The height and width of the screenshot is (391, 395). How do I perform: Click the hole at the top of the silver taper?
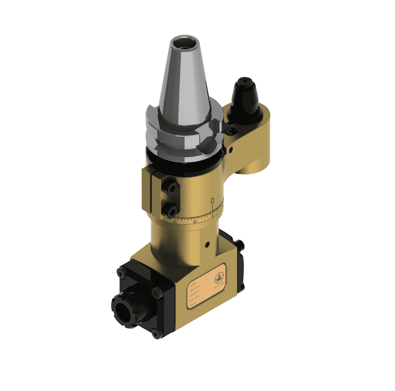tap(184, 43)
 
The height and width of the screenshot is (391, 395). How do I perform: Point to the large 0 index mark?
tap(212, 201)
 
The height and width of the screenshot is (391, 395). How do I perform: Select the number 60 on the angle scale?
tap(175, 222)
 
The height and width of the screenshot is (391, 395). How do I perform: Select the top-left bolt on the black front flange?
tap(120, 273)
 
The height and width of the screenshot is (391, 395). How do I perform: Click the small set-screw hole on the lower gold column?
tap(207, 244)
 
